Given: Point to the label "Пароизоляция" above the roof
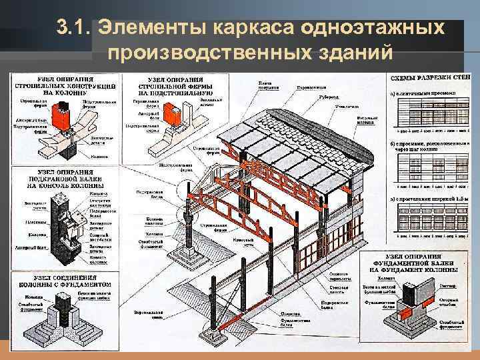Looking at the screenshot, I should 311,87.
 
